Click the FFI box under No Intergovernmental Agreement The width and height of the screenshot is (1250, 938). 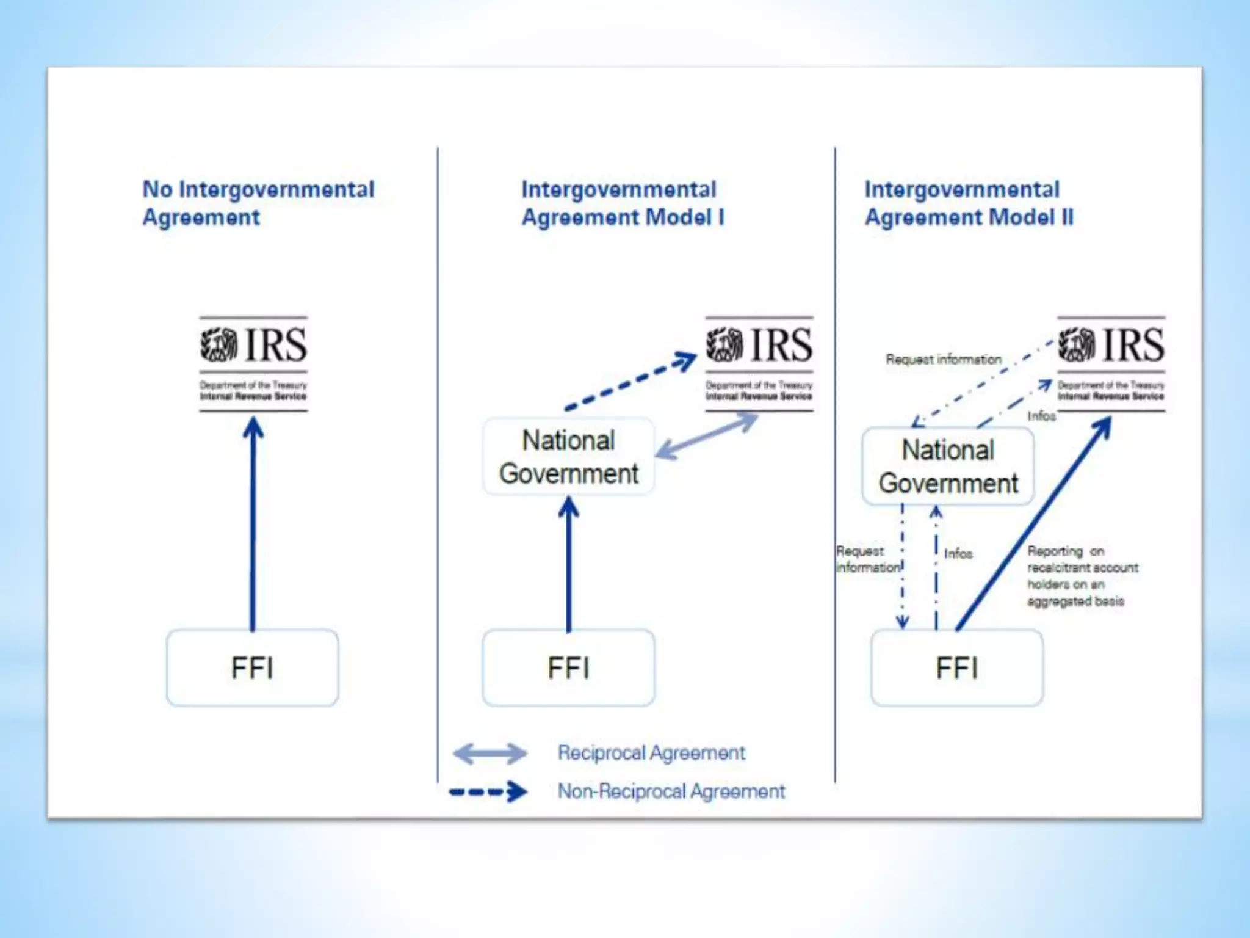[x=252, y=667]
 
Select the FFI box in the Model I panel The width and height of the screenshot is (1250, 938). [x=568, y=667]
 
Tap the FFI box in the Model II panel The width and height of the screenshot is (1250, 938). [x=956, y=667]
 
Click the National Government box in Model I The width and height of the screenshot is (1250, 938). [x=568, y=457]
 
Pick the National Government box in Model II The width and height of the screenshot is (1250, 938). [x=948, y=467]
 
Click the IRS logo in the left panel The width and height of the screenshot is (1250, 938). [x=253, y=363]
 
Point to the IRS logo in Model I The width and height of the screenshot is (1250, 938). [x=759, y=363]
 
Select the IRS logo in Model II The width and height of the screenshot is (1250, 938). [x=1111, y=363]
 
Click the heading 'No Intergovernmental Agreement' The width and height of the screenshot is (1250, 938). [x=258, y=203]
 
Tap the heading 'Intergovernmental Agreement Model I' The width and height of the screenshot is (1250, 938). [x=622, y=203]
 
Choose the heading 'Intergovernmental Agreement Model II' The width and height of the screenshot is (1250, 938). [x=969, y=203]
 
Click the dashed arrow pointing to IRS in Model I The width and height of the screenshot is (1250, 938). [x=630, y=381]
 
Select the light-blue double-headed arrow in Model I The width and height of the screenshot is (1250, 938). [x=707, y=436]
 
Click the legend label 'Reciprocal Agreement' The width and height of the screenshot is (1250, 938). [x=651, y=753]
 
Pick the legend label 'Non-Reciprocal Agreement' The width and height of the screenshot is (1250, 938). [x=671, y=791]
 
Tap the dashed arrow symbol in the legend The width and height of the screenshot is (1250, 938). [x=488, y=792]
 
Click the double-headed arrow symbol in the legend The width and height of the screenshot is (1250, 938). [x=490, y=754]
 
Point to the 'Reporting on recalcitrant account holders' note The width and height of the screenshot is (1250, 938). [x=1082, y=576]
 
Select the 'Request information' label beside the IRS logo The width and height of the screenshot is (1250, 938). [x=944, y=359]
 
